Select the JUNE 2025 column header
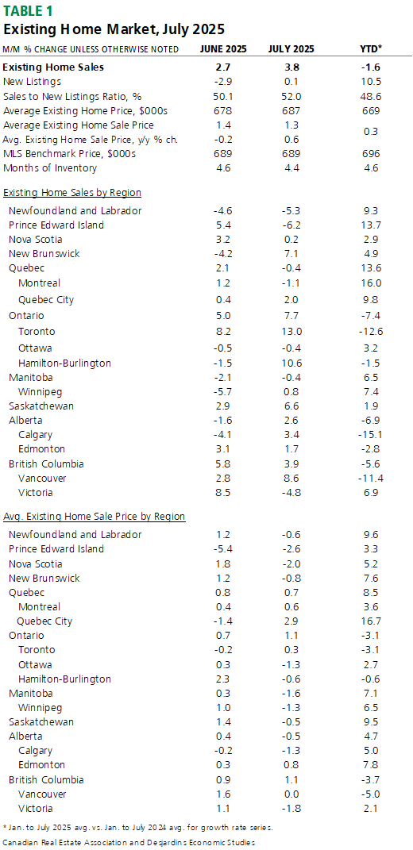click(223, 49)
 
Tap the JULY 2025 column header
click(291, 49)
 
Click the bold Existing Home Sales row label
click(54, 67)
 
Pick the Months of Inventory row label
click(50, 168)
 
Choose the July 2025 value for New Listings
click(291, 81)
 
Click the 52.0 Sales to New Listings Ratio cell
click(291, 96)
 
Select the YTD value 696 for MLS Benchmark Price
click(372, 154)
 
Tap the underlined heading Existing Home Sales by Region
click(73, 192)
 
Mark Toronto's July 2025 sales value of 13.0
click(291, 331)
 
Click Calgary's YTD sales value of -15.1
click(372, 434)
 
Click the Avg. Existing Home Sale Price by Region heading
click(95, 517)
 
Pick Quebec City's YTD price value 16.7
click(372, 621)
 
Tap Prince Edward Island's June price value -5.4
click(223, 548)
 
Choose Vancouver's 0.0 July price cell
click(291, 794)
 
